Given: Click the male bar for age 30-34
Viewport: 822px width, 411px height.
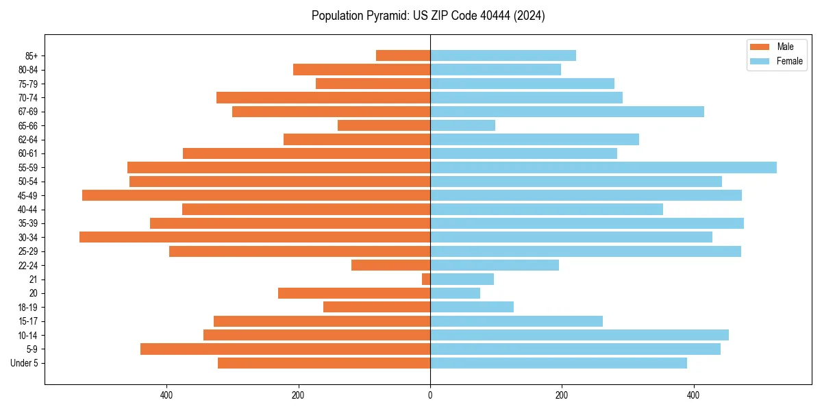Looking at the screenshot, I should (255, 237).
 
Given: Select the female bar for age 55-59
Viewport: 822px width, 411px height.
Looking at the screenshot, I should (603, 167).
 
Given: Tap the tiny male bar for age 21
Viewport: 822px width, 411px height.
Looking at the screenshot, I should (426, 279).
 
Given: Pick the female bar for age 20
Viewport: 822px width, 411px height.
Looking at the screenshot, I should (455, 293).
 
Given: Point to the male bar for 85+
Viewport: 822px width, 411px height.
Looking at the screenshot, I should (403, 55).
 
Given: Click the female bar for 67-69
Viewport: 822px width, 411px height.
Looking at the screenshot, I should (566, 112).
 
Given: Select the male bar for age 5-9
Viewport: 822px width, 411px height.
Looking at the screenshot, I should (285, 349).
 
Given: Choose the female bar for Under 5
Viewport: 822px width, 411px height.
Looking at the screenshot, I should (558, 363).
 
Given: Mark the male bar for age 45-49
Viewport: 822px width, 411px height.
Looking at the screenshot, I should (256, 195).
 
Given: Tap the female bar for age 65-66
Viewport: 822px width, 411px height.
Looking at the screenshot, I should (462, 125).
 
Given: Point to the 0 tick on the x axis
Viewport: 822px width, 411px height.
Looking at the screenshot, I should (430, 395).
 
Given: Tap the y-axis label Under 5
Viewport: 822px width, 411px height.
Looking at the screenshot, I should (24, 363).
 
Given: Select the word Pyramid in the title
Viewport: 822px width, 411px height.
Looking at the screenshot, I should (385, 16).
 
